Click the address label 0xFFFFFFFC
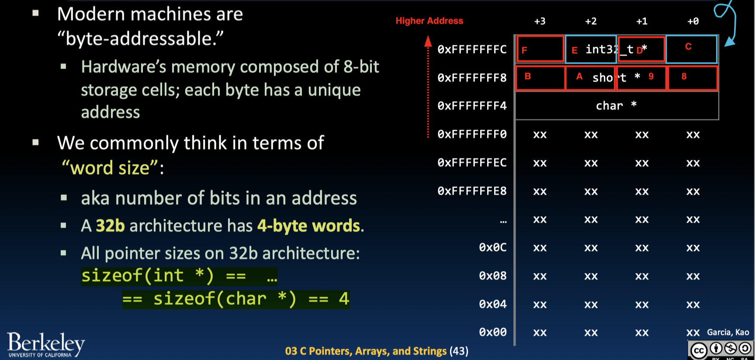point(472,49)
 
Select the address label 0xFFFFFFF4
point(472,106)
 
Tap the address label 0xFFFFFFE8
point(472,191)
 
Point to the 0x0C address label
point(492,247)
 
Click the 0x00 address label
point(492,332)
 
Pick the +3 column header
point(540,21)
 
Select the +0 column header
point(693,21)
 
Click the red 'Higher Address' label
point(429,21)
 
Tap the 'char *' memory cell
point(616,105)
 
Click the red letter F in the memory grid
point(524,50)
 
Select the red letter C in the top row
point(688,47)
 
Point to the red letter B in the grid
point(527,76)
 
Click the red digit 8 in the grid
point(684,76)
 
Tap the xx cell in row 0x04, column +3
point(540,304)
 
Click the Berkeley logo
point(45,345)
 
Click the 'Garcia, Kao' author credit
point(728,332)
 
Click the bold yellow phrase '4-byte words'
point(308,226)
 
